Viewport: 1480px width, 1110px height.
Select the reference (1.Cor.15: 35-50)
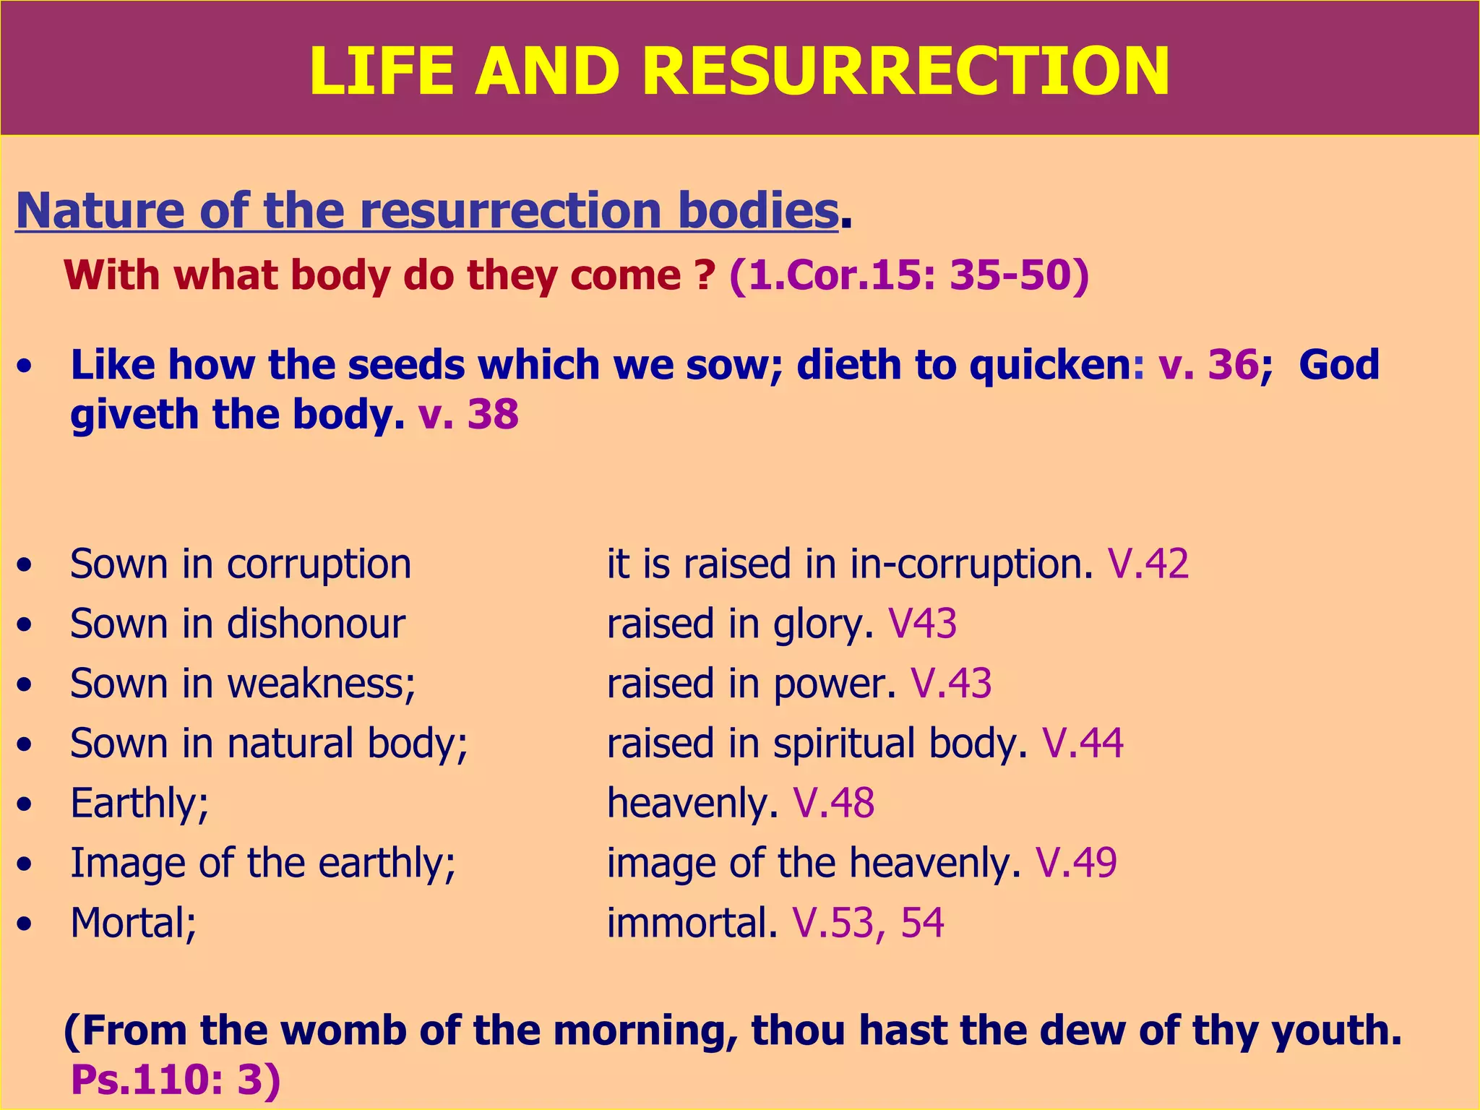coord(909,275)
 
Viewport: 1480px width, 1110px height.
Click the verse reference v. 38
coord(468,415)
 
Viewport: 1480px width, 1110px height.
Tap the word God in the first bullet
coord(1338,364)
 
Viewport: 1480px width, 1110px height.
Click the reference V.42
coord(1148,564)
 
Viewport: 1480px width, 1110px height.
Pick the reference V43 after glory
coord(922,624)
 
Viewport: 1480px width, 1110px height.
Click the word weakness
coord(322,684)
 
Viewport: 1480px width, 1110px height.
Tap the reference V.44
coord(1083,744)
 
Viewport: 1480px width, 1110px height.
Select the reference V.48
coord(834,804)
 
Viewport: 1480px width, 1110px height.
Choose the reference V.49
coord(1076,863)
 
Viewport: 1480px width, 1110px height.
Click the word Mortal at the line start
coord(134,923)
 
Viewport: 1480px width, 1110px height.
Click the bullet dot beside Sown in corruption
coord(26,565)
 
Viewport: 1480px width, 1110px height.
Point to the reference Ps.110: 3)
coord(176,1080)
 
